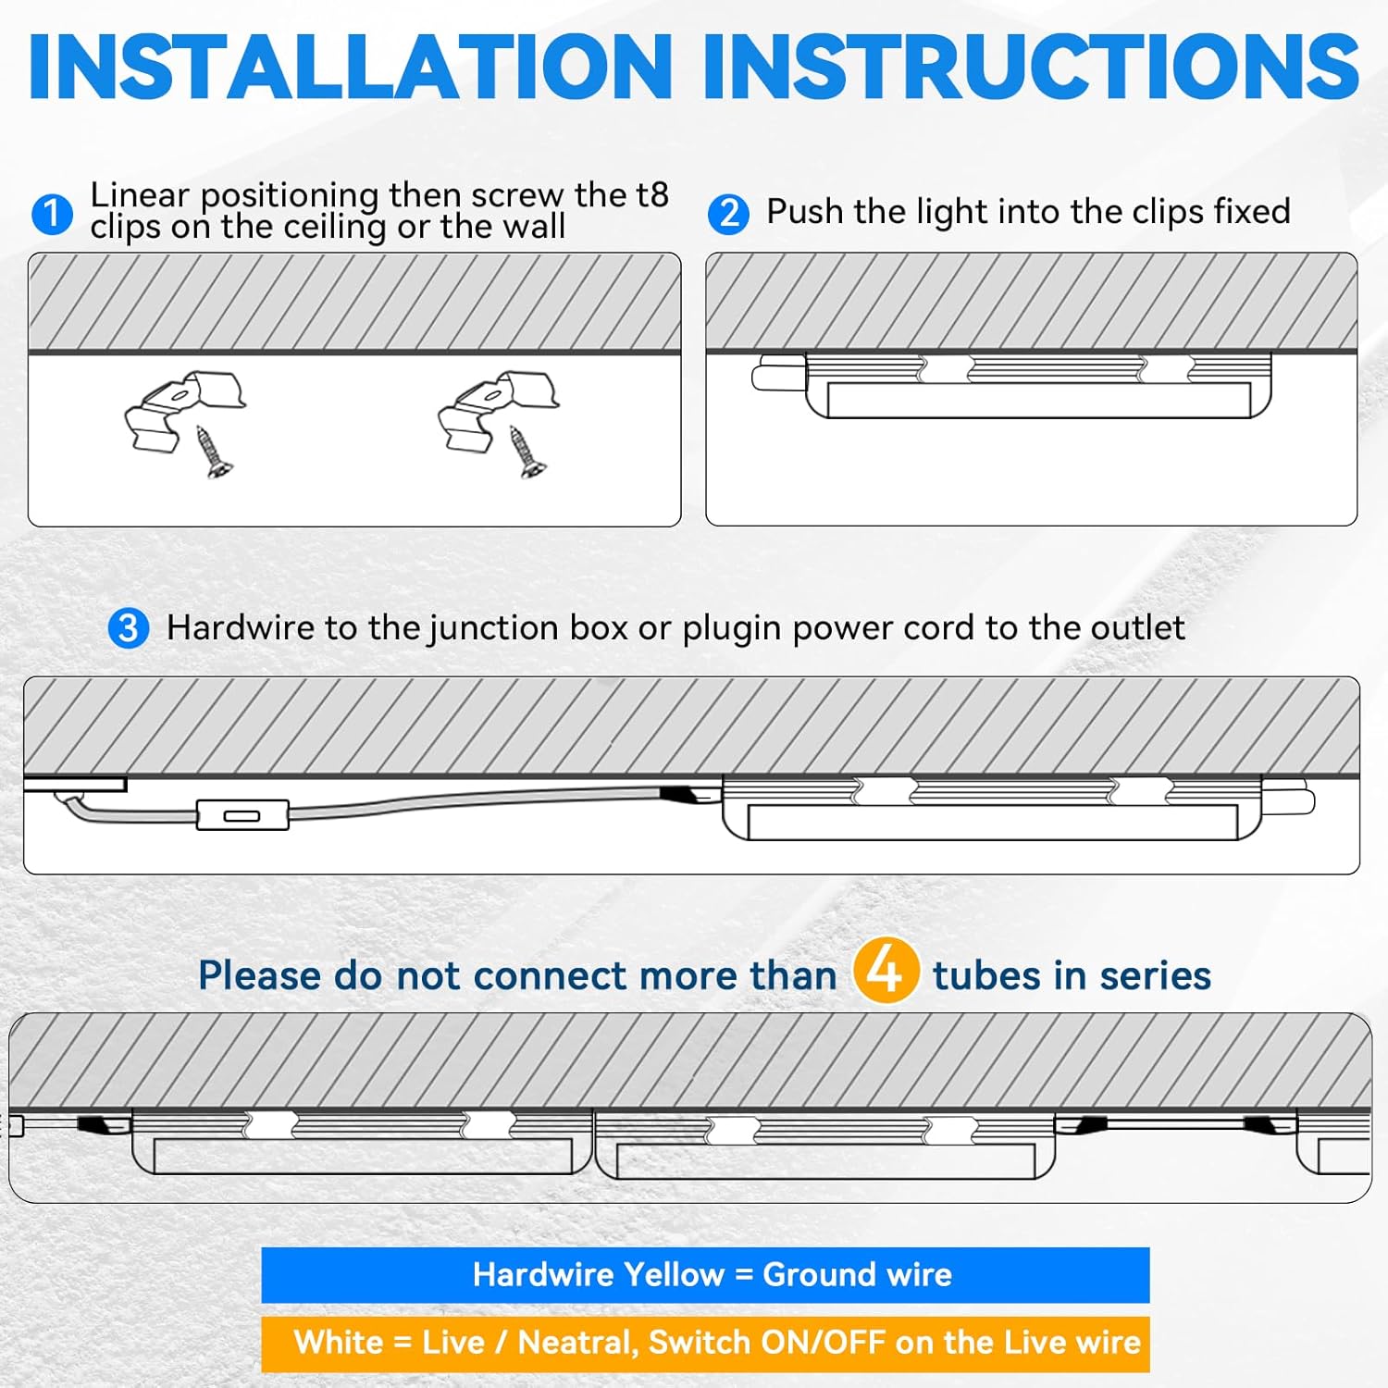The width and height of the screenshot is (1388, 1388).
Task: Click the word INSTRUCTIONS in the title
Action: coord(1030,67)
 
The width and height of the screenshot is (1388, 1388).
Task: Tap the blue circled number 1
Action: coord(52,214)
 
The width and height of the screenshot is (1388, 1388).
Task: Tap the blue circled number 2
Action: coord(728,214)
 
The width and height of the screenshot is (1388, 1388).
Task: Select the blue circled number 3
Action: coord(129,628)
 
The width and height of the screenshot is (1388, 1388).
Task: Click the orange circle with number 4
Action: coord(886,971)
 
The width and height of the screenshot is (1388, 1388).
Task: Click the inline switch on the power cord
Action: coord(242,815)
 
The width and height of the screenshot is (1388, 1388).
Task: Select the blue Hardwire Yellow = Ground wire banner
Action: coord(705,1275)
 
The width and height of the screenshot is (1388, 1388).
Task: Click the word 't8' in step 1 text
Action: coord(651,195)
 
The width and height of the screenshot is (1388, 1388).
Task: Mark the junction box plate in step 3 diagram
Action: coord(75,785)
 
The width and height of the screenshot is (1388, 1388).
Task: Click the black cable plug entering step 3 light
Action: coord(680,795)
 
